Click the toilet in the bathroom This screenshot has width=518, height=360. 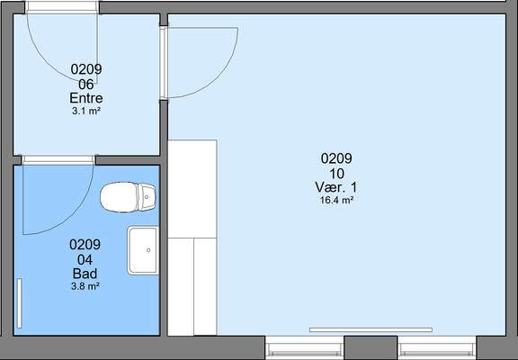(x=128, y=197)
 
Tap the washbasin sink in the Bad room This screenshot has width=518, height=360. (x=143, y=250)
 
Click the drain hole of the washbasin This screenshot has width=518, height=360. (x=148, y=250)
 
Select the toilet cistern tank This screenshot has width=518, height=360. (x=147, y=197)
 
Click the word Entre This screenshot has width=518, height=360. (x=86, y=98)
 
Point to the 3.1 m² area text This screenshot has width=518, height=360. (x=86, y=111)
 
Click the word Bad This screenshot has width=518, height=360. (x=85, y=274)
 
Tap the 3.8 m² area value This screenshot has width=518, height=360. (x=85, y=286)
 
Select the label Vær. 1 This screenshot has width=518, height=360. (x=336, y=187)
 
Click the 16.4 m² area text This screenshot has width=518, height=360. (x=337, y=201)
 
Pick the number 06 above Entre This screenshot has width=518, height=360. (x=86, y=85)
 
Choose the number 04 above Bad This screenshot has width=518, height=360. (x=85, y=260)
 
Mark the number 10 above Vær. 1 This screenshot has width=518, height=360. (x=336, y=174)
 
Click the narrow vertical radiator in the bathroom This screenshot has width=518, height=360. (x=20, y=303)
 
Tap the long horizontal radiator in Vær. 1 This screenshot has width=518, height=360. (x=371, y=329)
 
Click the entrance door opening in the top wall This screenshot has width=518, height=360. (x=62, y=7)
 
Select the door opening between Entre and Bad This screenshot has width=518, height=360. (x=58, y=160)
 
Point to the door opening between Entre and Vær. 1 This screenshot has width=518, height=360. (x=164, y=63)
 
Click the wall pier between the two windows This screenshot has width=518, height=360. (x=371, y=347)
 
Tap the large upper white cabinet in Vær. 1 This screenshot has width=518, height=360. (x=192, y=189)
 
